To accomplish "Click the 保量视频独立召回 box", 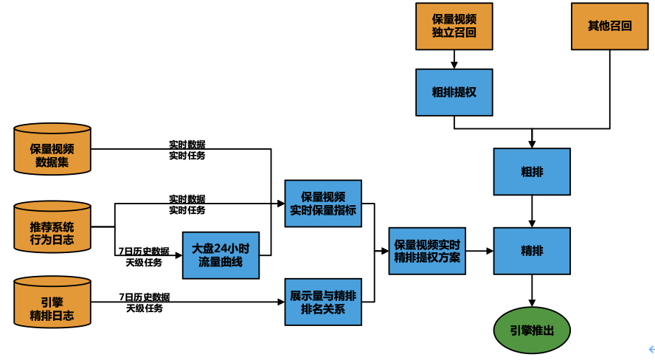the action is click(x=454, y=27).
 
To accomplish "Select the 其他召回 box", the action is click(x=609, y=27).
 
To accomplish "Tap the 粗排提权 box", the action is click(x=454, y=92).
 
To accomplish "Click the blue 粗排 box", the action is click(x=532, y=172).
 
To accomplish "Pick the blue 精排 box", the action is click(x=532, y=251).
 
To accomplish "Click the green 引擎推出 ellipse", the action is click(x=532, y=330).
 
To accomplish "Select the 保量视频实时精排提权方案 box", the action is click(x=427, y=251).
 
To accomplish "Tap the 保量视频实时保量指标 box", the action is click(x=323, y=204).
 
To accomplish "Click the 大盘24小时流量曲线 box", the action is click(x=221, y=255).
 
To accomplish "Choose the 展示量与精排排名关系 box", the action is click(x=323, y=302).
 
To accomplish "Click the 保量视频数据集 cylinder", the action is click(x=52, y=149).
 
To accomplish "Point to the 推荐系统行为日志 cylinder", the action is click(x=52, y=226).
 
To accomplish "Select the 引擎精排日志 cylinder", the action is click(x=52, y=302).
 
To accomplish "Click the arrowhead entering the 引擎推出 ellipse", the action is click(x=532, y=303).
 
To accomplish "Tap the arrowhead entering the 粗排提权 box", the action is click(x=454, y=65).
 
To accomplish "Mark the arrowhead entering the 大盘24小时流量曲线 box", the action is click(x=179, y=255).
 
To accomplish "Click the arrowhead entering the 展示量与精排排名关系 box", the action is click(x=281, y=302).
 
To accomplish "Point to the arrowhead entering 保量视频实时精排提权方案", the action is click(x=385, y=251).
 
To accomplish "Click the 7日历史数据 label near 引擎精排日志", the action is click(x=145, y=297).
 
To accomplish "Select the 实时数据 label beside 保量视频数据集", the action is click(x=187, y=145).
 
